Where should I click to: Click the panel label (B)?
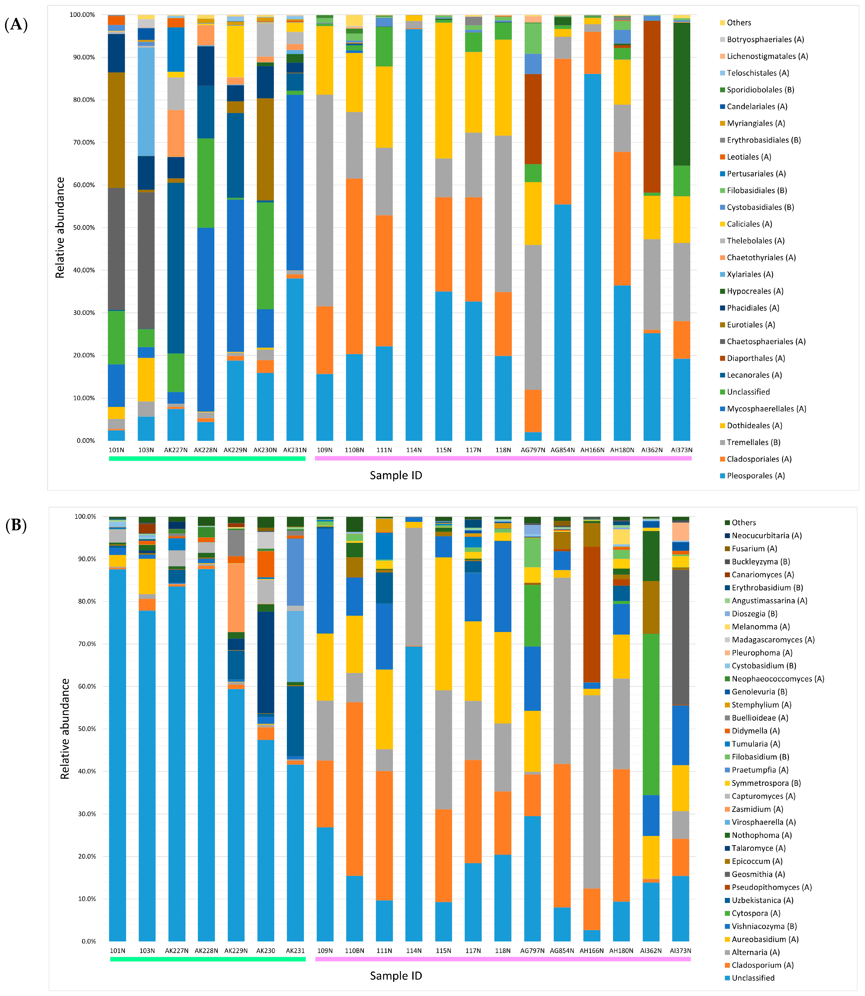pos(16,525)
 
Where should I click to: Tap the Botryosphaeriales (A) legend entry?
pos(765,40)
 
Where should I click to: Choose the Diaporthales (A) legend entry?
pos(755,358)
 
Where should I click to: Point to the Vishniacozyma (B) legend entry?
pos(764,926)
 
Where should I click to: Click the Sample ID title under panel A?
pos(396,476)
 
